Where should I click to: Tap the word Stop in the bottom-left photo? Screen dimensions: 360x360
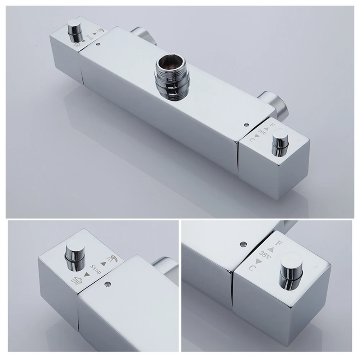(x=96, y=269)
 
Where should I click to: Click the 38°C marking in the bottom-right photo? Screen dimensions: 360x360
(x=265, y=255)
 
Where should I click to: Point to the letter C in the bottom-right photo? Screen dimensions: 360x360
(x=252, y=268)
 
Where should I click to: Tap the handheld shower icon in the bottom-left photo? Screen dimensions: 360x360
(x=113, y=259)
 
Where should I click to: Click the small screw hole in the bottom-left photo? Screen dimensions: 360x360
(x=106, y=284)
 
